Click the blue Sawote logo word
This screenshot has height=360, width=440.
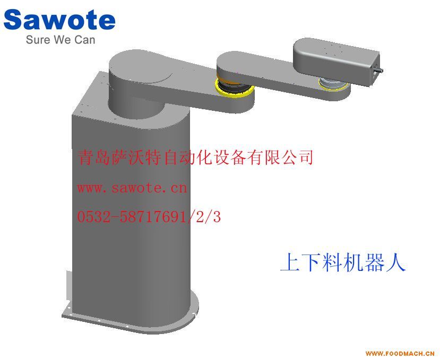coord(59,19)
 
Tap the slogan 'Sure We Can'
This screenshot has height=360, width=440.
coord(61,40)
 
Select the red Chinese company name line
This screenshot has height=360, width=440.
coord(195,157)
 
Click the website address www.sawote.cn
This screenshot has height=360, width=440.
coord(132,188)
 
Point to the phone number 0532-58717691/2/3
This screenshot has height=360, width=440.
coord(149,217)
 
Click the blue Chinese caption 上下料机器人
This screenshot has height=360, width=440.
coord(343,262)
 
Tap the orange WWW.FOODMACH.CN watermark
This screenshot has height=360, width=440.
coord(400,353)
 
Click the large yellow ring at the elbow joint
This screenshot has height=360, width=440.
coord(234,89)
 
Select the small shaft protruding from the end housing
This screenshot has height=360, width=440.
coord(377,69)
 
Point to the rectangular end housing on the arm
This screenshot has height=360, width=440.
coord(337,61)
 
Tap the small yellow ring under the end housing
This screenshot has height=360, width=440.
coord(333,85)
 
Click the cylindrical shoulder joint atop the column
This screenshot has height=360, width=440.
coord(141,84)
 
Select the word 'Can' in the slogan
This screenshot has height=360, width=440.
coord(85,40)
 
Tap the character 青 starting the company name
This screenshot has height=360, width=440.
coord(85,157)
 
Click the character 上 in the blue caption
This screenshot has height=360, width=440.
coord(290,262)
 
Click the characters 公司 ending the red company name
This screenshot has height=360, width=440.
coord(298,157)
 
